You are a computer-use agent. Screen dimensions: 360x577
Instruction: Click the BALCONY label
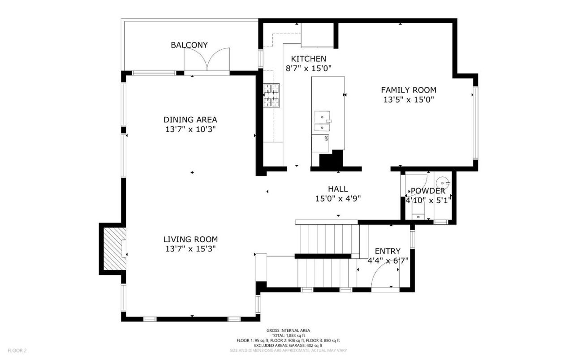189,45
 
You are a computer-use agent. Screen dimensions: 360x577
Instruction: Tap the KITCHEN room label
308,59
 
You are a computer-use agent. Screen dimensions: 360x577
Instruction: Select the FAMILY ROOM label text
408,90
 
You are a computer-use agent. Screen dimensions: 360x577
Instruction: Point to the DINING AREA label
190,120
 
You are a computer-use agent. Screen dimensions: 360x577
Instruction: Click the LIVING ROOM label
190,240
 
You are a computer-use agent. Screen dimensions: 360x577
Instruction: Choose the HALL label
338,189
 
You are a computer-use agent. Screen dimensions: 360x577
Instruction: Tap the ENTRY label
388,251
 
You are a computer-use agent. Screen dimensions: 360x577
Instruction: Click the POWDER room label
428,191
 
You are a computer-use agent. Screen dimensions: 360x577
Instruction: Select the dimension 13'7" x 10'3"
190,129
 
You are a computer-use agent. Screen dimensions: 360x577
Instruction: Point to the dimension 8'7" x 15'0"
308,69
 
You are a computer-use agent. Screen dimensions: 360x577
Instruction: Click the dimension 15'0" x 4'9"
338,198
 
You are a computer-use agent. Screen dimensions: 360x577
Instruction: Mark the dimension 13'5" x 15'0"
408,100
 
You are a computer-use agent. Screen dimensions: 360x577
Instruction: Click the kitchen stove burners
271,95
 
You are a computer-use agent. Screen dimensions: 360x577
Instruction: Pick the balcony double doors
207,60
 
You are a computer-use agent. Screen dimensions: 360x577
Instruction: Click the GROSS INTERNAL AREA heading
288,330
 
